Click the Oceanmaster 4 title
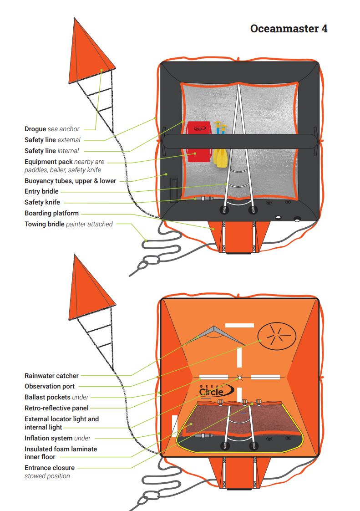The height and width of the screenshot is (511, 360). pos(289,29)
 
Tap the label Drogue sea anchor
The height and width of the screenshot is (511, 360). pos(52,129)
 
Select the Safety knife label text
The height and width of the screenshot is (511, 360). pos(42,202)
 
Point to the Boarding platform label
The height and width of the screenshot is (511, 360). pos(51,213)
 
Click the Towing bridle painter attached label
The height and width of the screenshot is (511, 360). pos(68,224)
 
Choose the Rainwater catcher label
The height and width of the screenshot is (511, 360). pos(51,376)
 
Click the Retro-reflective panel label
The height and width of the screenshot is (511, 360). pos(56,408)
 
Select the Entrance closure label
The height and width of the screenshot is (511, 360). pos(49,468)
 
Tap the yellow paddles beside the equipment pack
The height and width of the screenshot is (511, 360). pos(219,157)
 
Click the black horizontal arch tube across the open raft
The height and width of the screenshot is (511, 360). pos(239,141)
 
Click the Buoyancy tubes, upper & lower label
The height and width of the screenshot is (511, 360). pos(70,181)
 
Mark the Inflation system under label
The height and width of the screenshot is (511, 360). pos(57,438)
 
